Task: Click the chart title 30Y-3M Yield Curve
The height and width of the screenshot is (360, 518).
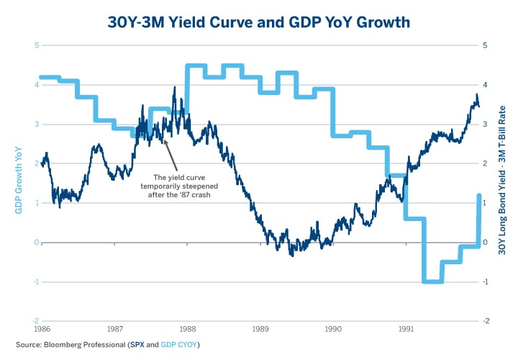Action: pos(258,22)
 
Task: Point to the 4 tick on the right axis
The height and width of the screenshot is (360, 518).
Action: pos(486,85)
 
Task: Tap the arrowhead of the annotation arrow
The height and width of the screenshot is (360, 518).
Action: pos(165,140)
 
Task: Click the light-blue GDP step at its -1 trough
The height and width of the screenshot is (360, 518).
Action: pos(432,282)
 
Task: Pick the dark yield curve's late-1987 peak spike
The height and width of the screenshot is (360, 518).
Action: pos(174,88)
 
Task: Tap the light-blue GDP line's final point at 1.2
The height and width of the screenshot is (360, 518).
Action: pos(479,195)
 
